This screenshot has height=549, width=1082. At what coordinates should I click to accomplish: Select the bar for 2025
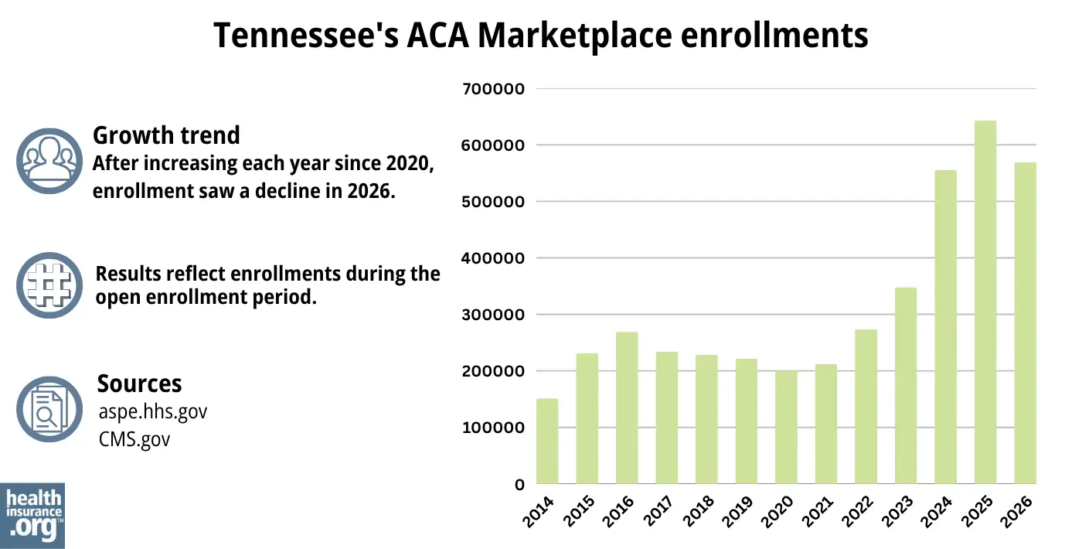click(x=985, y=302)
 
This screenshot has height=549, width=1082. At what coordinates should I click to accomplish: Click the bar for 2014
click(x=547, y=442)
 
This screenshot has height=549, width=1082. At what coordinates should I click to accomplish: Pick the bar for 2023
click(x=906, y=386)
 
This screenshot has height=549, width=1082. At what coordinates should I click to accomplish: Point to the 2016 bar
click(x=627, y=408)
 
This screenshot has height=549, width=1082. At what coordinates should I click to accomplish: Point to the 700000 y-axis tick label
click(x=492, y=89)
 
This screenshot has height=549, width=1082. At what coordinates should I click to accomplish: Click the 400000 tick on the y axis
click(x=492, y=258)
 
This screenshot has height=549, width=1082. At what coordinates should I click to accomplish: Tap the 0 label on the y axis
click(x=520, y=485)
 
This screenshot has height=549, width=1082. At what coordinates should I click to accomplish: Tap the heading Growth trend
click(x=166, y=135)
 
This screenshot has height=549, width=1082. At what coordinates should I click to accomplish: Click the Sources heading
click(x=139, y=384)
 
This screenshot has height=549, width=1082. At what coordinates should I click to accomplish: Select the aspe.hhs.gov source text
click(x=152, y=412)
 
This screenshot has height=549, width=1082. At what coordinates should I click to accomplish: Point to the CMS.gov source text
click(x=133, y=440)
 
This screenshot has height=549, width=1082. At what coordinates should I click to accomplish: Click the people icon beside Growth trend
click(x=49, y=161)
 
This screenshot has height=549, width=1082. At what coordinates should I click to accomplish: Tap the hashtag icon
click(x=49, y=285)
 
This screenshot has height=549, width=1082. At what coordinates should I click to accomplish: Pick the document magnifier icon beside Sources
click(x=49, y=410)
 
